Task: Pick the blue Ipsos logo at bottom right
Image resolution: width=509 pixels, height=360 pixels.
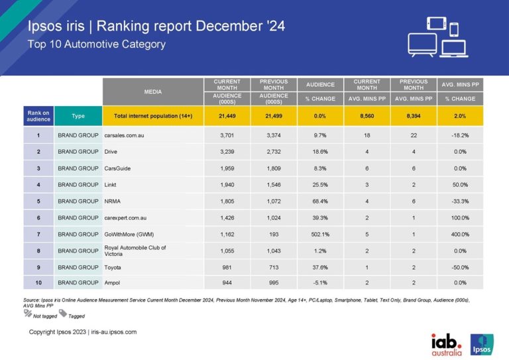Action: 481,342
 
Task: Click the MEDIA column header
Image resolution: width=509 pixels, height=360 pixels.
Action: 152,91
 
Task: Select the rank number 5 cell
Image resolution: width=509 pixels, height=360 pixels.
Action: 38,201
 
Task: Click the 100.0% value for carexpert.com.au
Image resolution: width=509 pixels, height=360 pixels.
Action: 459,217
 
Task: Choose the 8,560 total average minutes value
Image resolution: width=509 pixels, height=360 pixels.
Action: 366,116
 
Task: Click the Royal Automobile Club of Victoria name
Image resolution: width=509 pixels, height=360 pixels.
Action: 135,251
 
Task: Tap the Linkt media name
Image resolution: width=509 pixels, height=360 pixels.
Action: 113,184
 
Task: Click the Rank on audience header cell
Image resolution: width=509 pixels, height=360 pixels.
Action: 38,116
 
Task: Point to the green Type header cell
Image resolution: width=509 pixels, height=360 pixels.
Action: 78,116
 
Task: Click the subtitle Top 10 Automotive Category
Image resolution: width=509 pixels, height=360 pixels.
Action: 97,44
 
